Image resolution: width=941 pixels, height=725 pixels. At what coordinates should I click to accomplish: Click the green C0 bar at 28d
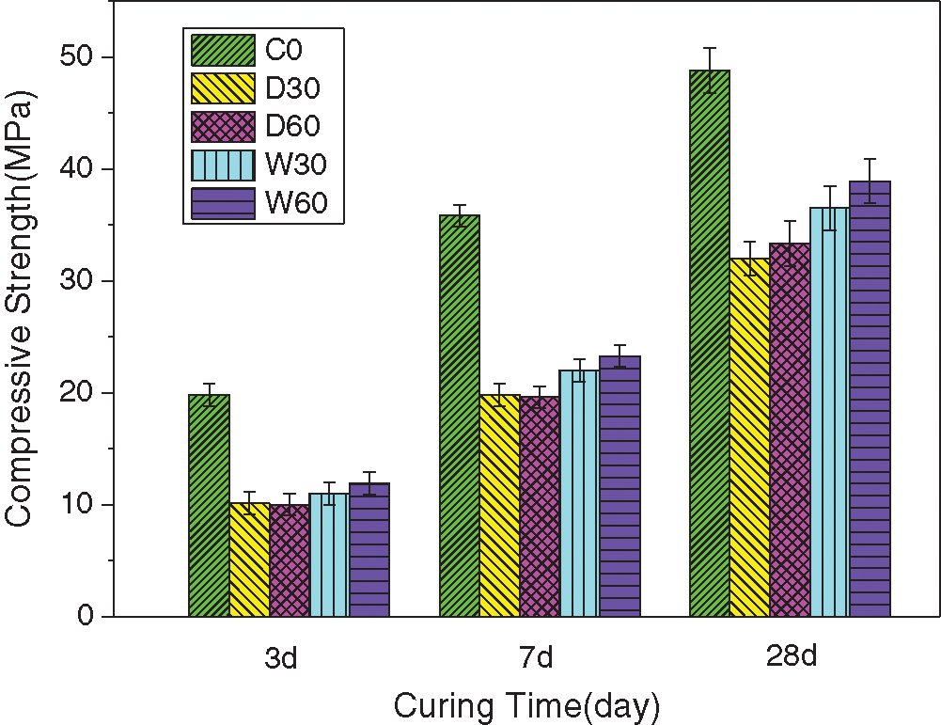(x=710, y=343)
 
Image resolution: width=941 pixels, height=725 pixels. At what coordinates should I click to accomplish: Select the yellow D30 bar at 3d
(x=249, y=560)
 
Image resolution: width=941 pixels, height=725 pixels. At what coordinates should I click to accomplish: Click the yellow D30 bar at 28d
(x=749, y=437)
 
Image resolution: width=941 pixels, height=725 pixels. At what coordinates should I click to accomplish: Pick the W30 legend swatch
(x=223, y=165)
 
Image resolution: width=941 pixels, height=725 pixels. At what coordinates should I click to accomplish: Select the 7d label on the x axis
(x=536, y=657)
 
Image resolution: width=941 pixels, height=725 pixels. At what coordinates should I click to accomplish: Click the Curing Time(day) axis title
(x=526, y=705)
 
